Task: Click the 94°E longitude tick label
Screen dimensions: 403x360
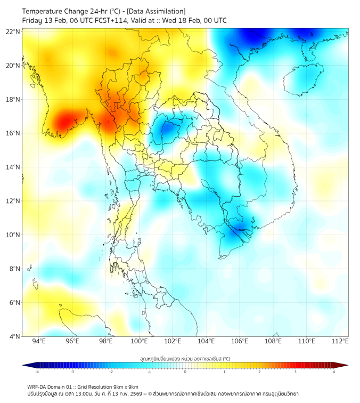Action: [x=39, y=341]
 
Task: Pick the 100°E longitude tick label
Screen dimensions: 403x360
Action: [x=139, y=341]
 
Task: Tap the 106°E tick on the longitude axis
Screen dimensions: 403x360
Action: [x=240, y=341]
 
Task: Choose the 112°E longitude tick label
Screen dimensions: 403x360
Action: [x=340, y=341]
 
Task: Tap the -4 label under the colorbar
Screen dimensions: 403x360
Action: [x=36, y=372]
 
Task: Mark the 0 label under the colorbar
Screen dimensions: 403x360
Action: [x=185, y=372]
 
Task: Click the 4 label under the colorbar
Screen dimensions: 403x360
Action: [x=334, y=372]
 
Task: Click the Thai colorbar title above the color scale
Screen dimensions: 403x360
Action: [x=185, y=358]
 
